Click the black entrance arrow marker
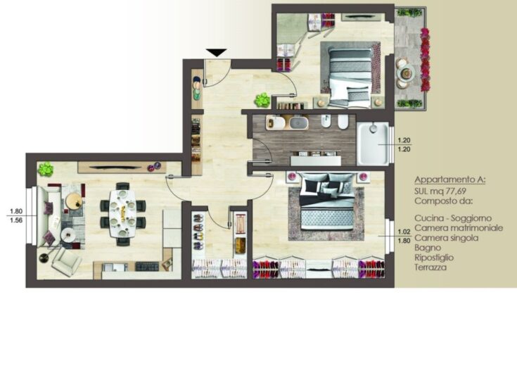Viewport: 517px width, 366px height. click(217, 53)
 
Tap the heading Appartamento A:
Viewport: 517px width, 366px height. click(450, 180)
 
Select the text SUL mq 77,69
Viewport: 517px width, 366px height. click(440, 191)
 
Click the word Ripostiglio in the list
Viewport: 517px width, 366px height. click(434, 258)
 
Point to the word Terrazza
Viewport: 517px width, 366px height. click(430, 267)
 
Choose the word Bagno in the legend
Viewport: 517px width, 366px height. click(428, 248)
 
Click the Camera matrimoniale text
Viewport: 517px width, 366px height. click(459, 228)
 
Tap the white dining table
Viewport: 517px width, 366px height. click(122, 213)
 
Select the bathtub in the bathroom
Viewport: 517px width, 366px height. click(373, 144)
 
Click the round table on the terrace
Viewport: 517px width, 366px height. click(406, 72)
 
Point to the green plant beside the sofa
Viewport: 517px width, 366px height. click(45, 170)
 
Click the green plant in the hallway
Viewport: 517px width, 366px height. click(262, 100)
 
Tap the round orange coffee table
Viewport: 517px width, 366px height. click(74, 201)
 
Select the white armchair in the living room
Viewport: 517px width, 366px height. click(67, 261)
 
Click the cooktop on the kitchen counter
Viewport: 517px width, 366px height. click(147, 266)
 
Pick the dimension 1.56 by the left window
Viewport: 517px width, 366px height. click(16, 220)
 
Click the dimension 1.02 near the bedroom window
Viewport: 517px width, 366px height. click(404, 232)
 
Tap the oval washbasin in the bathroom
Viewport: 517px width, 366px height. click(299, 122)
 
